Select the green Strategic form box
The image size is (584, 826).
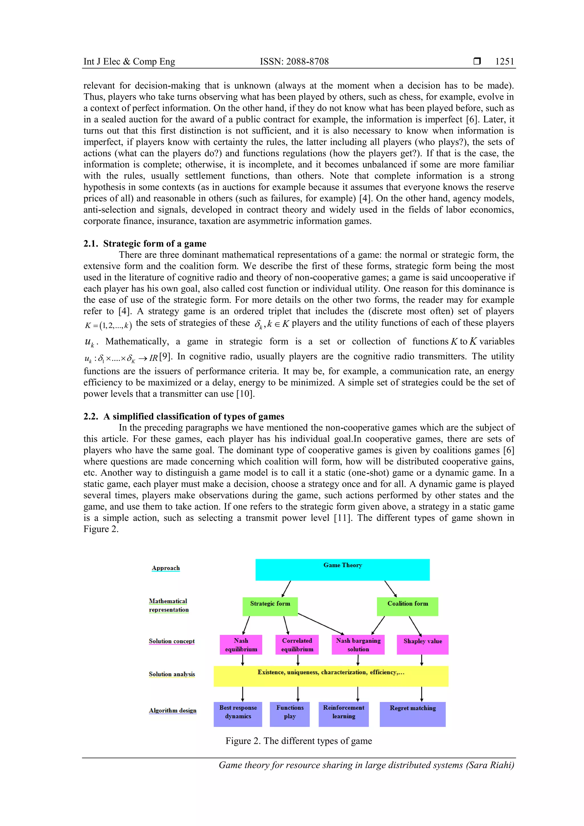tap(270, 606)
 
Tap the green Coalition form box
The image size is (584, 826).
tap(407, 606)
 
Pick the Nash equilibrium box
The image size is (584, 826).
tap(241, 645)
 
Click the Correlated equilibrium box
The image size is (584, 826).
tap(297, 645)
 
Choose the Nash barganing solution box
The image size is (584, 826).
tap(358, 645)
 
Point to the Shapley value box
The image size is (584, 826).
tap(422, 645)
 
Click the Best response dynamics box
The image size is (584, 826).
tap(238, 714)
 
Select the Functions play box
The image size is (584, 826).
tap(290, 714)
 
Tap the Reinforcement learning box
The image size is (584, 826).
tap(344, 714)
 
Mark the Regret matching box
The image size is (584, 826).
tap(412, 714)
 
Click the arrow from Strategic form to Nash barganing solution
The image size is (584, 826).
tap(321, 624)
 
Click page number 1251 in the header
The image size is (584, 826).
tap(504, 62)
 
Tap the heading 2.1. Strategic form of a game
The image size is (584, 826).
tap(145, 243)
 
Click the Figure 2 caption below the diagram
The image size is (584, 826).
tap(299, 741)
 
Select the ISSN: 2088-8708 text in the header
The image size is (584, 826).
tap(294, 62)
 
